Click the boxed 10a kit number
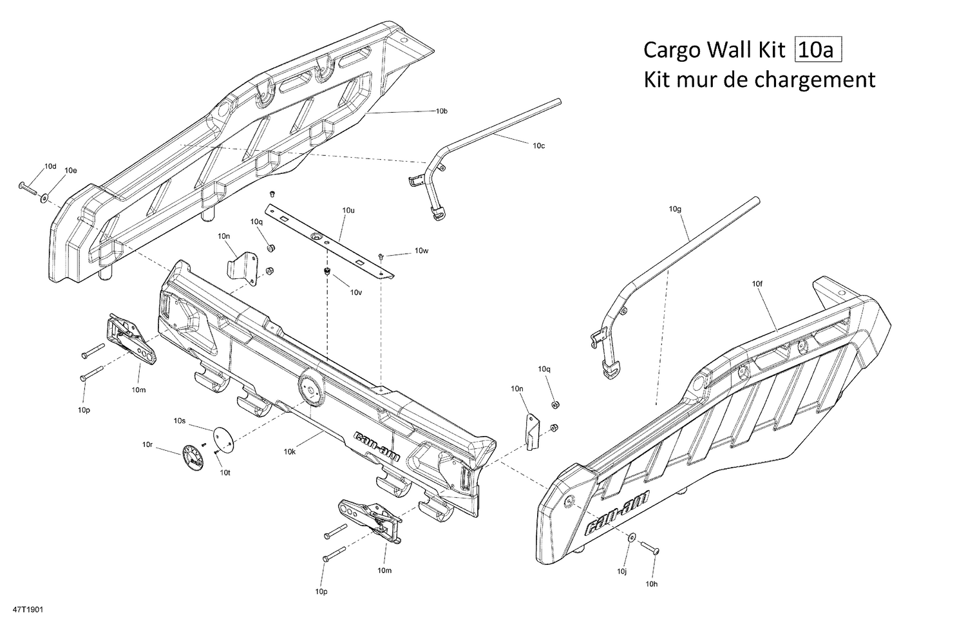point(819,50)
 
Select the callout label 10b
point(441,111)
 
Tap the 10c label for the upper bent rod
point(538,146)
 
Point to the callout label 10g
point(674,209)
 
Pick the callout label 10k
point(290,451)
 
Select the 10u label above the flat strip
point(348,211)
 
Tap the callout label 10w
point(421,251)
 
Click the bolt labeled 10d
point(28,187)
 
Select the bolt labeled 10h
point(649,547)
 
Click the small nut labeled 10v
point(327,271)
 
